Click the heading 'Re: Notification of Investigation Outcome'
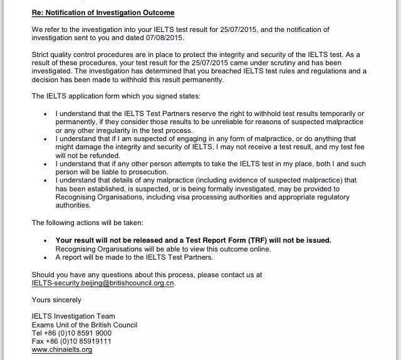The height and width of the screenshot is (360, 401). tap(103, 13)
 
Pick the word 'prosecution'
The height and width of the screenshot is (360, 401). tap(153, 171)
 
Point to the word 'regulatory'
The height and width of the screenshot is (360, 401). tap(332, 196)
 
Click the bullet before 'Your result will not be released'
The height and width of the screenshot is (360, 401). tap(46, 240)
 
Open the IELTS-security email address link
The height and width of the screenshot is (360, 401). tap(103, 283)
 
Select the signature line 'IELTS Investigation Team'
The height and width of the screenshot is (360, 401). tap(73, 317)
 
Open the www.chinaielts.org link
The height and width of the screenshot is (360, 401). tap(62, 349)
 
